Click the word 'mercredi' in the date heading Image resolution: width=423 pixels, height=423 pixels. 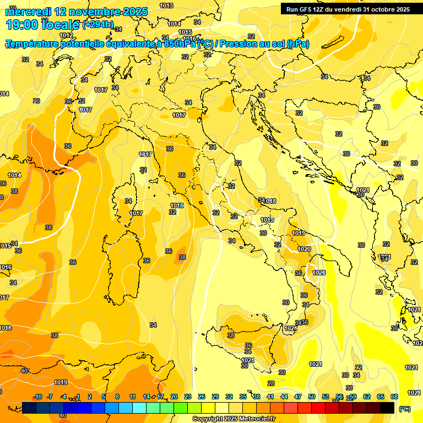coord(27,12)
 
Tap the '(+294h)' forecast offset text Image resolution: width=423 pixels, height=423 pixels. coord(98,25)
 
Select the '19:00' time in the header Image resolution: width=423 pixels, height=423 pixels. coord(21,25)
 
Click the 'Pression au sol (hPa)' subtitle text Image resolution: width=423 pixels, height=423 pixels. coord(264,44)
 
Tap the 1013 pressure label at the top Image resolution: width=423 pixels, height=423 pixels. coord(166,6)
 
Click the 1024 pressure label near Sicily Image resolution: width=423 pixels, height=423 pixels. coord(290,328)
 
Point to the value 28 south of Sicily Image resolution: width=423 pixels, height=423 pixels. coord(271,383)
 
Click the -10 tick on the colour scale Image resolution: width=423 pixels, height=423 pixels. coord(38,397)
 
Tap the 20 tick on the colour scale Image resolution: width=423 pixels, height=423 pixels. coord(174,397)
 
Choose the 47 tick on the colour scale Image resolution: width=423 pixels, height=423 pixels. coord(298,397)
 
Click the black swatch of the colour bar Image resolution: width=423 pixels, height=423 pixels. coord(387,408)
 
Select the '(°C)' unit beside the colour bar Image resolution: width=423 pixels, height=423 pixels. coord(405,409)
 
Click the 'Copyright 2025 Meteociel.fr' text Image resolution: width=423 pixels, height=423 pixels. coord(234,419)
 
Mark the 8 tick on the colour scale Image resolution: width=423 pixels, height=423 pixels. coord(117,397)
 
